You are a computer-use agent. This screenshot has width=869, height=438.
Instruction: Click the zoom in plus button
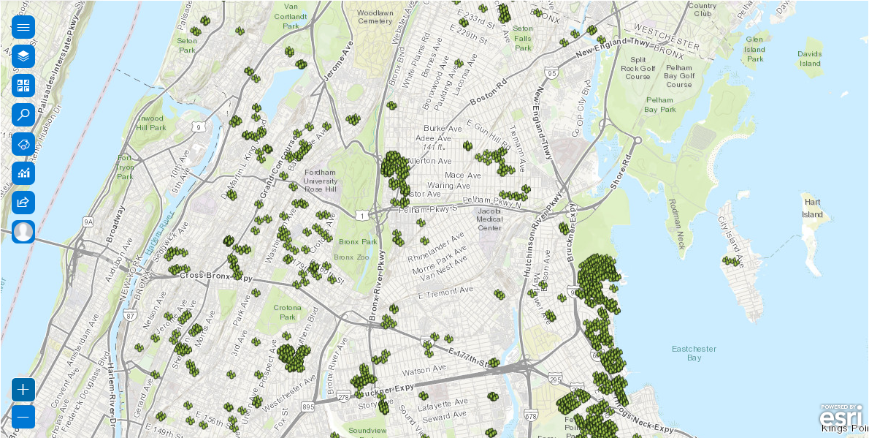(x=23, y=389)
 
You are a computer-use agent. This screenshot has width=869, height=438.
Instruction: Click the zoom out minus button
(x=23, y=418)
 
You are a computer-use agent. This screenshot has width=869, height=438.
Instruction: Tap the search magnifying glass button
(x=23, y=115)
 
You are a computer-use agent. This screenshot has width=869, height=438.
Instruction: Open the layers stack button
(x=23, y=56)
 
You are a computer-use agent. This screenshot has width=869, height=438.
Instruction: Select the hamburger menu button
(x=23, y=28)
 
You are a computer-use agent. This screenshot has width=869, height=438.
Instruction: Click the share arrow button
(x=23, y=203)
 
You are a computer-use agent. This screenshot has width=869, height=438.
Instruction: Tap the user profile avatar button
(x=23, y=232)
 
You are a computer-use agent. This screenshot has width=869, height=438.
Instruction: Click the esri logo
(x=840, y=417)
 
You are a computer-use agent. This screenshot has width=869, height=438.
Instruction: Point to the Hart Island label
(x=812, y=208)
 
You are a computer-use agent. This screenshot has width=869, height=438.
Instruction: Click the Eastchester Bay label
(x=694, y=353)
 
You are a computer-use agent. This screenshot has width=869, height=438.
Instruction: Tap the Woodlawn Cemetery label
(x=375, y=17)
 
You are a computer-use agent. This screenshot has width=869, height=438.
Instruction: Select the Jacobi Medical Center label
(x=489, y=219)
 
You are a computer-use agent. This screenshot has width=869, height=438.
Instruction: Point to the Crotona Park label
(x=288, y=312)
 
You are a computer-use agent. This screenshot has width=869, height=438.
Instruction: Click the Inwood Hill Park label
(x=151, y=123)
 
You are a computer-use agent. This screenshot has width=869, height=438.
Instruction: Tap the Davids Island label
(x=809, y=58)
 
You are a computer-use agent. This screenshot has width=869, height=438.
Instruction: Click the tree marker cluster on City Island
(x=731, y=260)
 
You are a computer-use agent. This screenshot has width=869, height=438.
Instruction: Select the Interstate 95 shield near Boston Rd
(x=551, y=74)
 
